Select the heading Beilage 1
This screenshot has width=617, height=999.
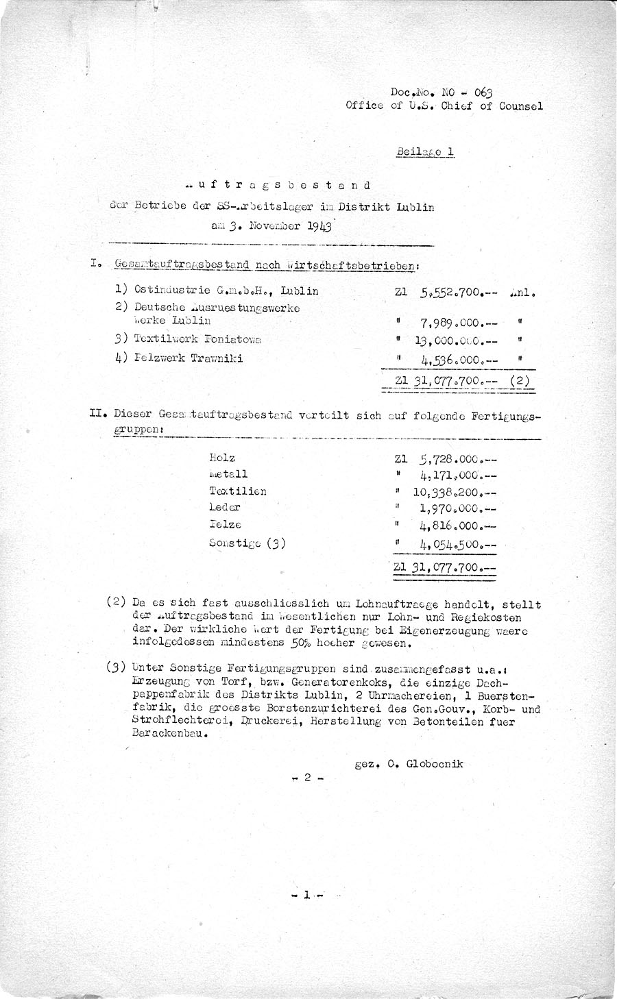click(x=425, y=152)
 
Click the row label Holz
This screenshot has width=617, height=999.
click(x=223, y=458)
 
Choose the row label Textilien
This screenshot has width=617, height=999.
click(x=238, y=491)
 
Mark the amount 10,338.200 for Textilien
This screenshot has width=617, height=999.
click(x=455, y=491)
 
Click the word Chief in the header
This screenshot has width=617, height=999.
click(x=457, y=106)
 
